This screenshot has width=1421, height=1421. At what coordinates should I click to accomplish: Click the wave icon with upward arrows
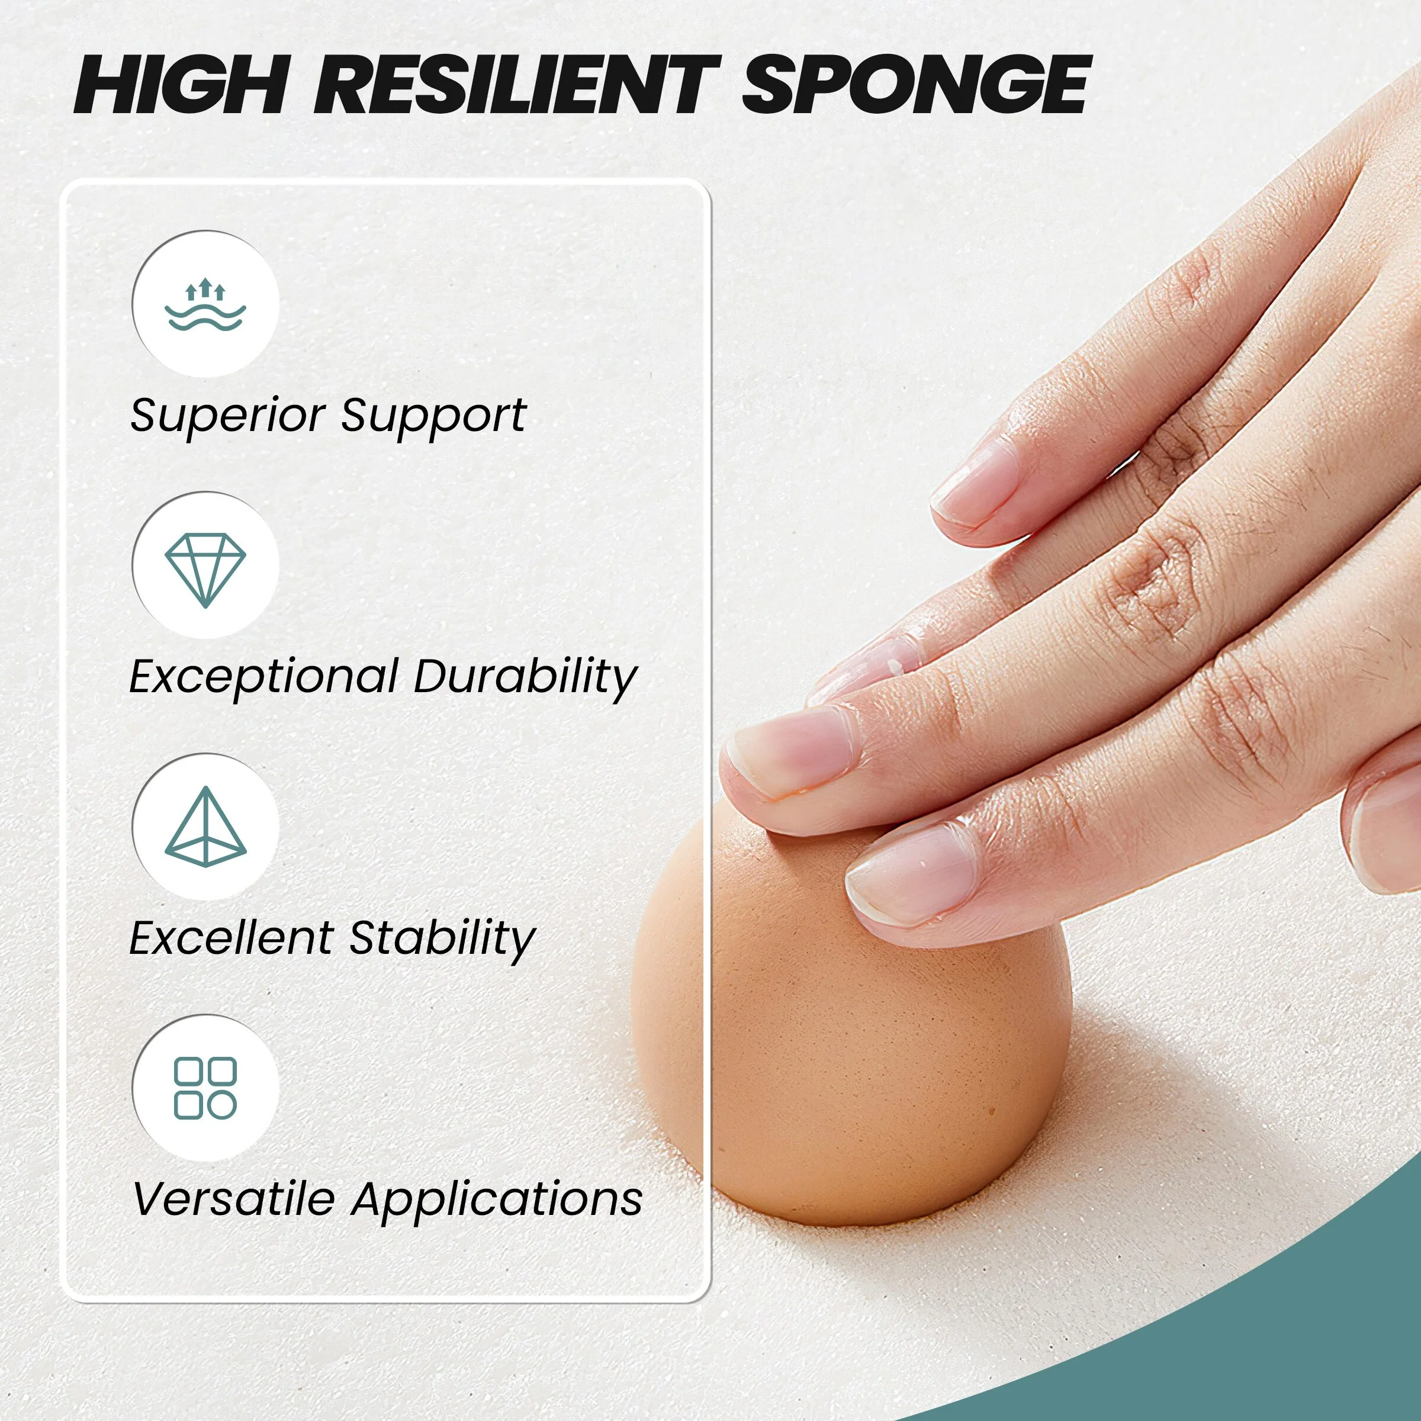(205, 304)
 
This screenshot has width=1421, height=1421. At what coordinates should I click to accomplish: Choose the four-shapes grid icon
(205, 1089)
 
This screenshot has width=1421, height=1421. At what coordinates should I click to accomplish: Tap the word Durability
(525, 677)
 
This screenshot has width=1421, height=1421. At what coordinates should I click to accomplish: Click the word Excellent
(231, 938)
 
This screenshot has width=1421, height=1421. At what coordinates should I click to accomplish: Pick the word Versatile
(234, 1200)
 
